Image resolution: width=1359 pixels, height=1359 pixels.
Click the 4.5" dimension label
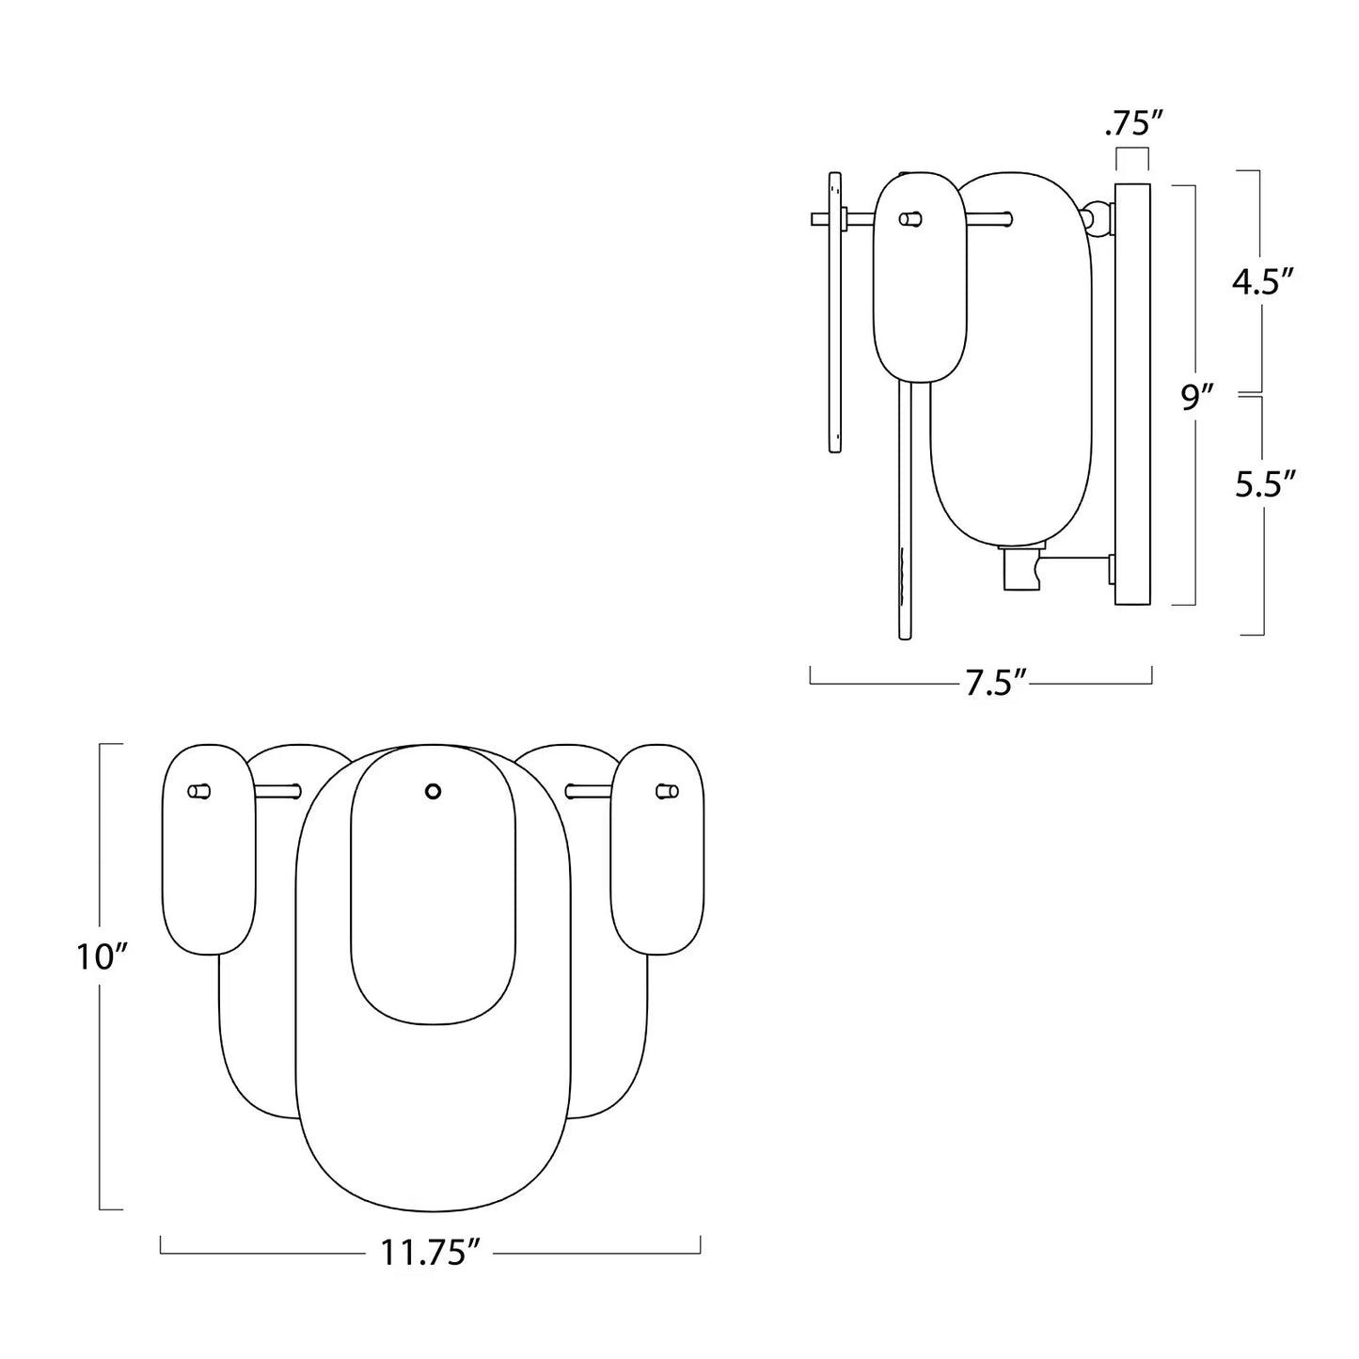tap(1263, 281)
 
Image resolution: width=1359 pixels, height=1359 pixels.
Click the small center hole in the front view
tap(433, 791)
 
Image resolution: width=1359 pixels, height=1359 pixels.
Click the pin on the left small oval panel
tap(199, 791)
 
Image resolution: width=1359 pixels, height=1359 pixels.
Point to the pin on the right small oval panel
tap(667, 791)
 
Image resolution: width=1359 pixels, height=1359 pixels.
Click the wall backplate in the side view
tap(1131, 395)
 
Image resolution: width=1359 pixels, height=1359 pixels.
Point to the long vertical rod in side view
tap(907, 508)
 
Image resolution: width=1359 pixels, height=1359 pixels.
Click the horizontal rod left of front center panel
tap(277, 791)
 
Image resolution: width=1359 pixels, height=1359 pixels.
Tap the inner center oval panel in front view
tap(433, 903)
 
